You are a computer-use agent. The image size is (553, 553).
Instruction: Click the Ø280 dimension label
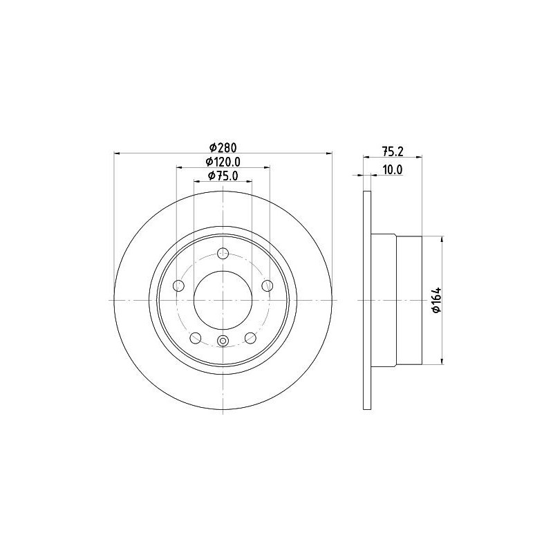click(223, 147)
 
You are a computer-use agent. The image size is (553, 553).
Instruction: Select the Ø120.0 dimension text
click(223, 162)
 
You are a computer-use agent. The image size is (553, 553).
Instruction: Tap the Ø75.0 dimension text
click(223, 176)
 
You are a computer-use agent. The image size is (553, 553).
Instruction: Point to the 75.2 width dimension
click(393, 151)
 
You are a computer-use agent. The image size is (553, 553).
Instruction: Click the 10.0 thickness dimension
click(393, 169)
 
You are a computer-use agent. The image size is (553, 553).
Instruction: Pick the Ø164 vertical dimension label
click(436, 300)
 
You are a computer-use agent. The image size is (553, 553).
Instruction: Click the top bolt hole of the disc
click(223, 253)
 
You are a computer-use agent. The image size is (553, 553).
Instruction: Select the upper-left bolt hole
click(179, 285)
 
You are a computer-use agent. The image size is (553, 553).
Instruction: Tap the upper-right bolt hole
click(268, 285)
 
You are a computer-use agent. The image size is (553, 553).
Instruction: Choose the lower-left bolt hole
click(196, 338)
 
